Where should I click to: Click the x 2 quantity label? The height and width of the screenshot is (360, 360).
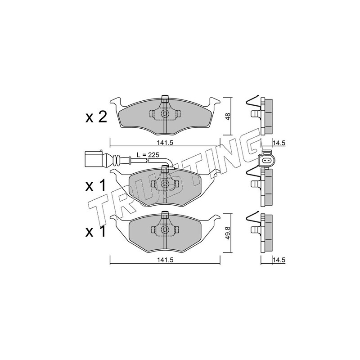click(96, 117)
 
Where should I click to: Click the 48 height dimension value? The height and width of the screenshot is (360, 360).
click(227, 116)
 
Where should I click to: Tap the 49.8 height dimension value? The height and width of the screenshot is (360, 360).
click(227, 232)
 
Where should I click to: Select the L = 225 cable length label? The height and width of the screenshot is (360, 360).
click(148, 155)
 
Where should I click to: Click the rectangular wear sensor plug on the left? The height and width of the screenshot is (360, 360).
click(94, 159)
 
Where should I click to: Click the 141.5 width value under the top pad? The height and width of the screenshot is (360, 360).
click(165, 143)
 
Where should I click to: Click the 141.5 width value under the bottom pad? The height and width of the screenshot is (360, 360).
click(165, 260)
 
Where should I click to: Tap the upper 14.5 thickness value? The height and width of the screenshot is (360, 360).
click(279, 143)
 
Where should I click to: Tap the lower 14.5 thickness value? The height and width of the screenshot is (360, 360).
click(279, 260)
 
